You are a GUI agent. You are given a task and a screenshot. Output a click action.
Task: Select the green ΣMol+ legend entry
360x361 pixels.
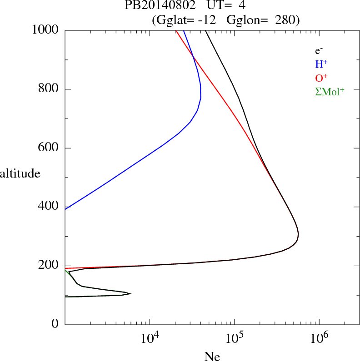coord(330,91)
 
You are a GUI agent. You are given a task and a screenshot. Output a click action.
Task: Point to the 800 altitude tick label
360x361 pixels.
coord(50,89)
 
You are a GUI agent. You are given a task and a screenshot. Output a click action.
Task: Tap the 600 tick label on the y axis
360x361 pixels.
coord(50,148)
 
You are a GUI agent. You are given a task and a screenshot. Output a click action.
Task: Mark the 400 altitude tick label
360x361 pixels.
coord(50,207)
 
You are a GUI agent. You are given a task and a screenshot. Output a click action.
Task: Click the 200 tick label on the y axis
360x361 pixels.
coord(50,266)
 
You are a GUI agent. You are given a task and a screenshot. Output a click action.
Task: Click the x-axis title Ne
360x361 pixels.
coord(212,357)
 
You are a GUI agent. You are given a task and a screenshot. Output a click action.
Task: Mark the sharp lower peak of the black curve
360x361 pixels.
coord(131,294)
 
